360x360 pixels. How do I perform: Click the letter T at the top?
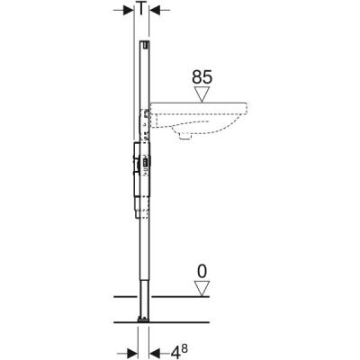(x=142, y=9)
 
